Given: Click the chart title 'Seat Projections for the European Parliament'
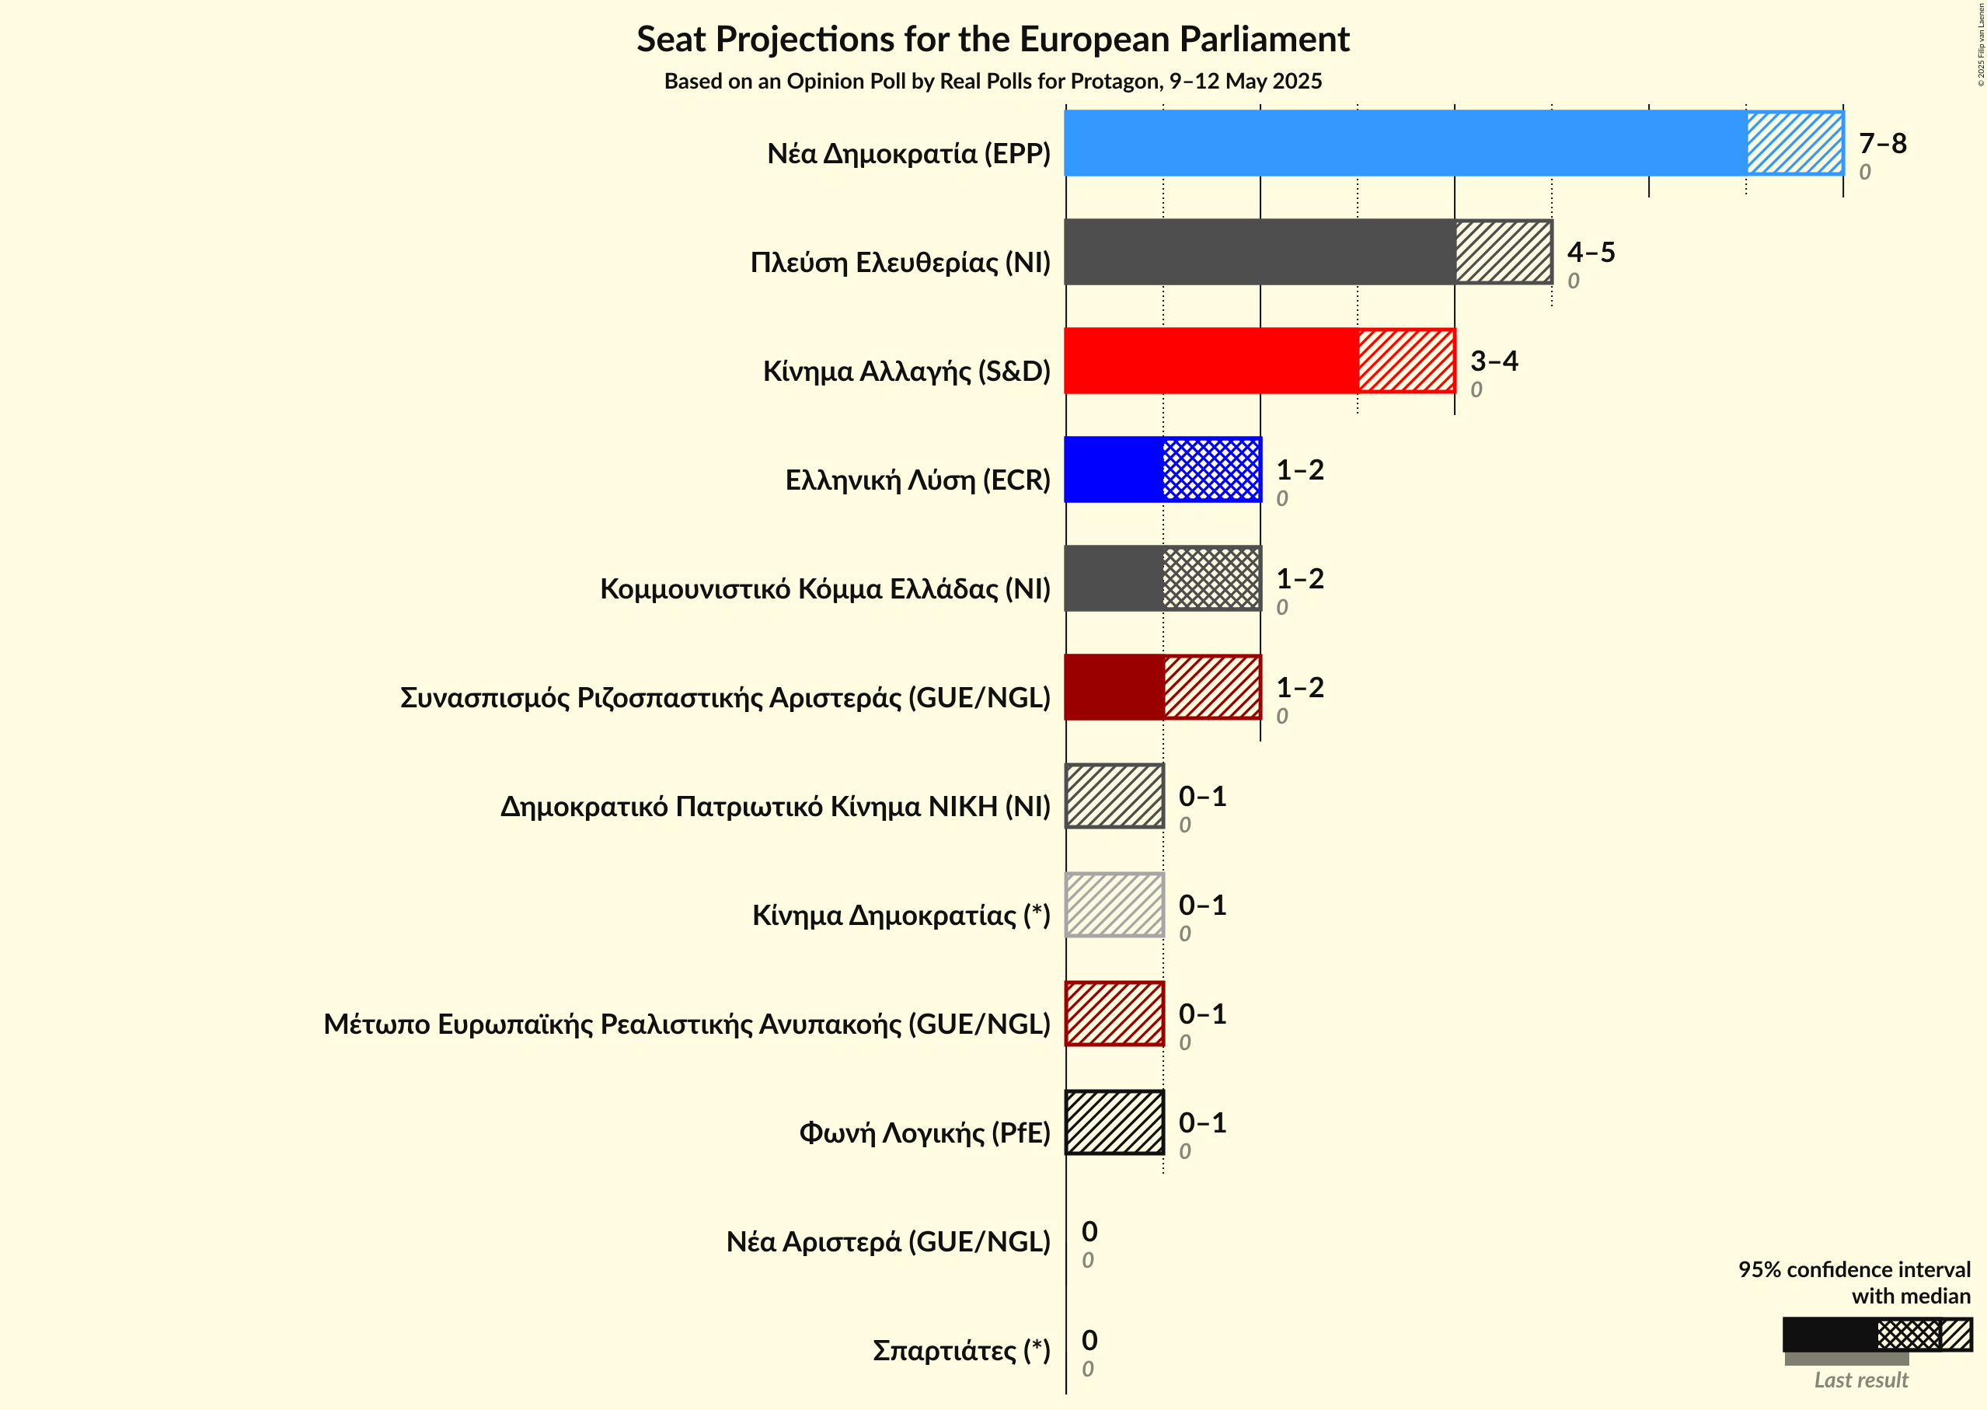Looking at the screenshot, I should pos(992,39).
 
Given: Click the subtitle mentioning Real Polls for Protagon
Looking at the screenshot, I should pos(992,81).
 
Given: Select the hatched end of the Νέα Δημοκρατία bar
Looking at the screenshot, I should pos(1794,143).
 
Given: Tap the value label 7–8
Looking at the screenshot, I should pos(1882,143).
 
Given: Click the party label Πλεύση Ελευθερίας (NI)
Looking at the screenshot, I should pos(899,262).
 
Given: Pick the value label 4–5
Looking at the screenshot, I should pos(1590,252).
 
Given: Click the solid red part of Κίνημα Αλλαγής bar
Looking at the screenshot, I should pos(1211,361).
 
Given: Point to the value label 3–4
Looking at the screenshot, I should pos(1493,361).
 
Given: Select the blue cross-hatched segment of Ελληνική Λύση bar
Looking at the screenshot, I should pos(1211,469).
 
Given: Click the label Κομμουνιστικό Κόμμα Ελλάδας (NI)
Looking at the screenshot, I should pos(824,588).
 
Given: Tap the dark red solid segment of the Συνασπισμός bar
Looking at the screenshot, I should pos(1114,687).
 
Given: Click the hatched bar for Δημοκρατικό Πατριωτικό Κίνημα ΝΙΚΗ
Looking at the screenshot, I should pos(1114,796).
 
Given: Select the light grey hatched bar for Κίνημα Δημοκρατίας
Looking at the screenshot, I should pos(1114,905).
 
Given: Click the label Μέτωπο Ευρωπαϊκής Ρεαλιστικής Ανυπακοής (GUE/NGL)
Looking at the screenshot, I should pos(687,1024).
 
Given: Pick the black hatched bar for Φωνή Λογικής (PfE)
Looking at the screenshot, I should pos(1114,1122).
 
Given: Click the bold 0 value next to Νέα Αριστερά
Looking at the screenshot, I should pos(1089,1231).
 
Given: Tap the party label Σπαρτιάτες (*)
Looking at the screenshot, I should pos(961,1350).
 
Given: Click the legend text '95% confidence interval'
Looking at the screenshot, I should pos(1853,1269).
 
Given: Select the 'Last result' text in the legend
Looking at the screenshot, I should pos(1860,1380).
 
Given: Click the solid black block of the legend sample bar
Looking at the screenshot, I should pos(1829,1335).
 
